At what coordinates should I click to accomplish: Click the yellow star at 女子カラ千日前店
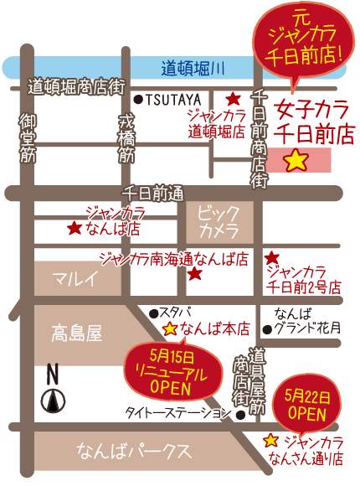tap(296, 160)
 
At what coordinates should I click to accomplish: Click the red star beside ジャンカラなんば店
tap(75, 227)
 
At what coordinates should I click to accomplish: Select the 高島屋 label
tap(75, 334)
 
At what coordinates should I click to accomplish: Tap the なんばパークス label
tap(134, 452)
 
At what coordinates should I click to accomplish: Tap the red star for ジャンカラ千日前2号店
tap(271, 258)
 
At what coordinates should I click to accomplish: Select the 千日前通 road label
tap(152, 191)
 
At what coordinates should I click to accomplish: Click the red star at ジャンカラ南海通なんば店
tap(194, 273)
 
